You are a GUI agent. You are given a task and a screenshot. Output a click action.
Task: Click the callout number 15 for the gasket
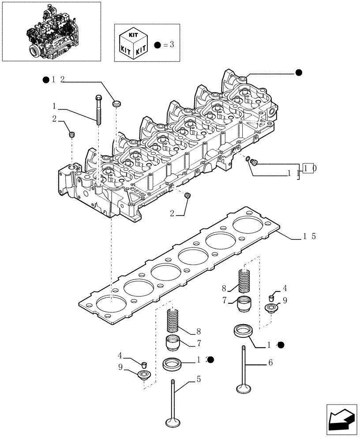pyautogui.click(x=308, y=236)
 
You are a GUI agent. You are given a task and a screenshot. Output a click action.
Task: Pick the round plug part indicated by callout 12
pyautogui.click(x=117, y=104)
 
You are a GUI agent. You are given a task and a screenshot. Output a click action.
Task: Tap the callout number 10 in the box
pyautogui.click(x=308, y=168)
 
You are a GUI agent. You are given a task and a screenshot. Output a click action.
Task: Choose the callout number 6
pyautogui.click(x=270, y=363)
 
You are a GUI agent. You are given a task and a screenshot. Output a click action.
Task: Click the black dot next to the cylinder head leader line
pyautogui.click(x=299, y=73)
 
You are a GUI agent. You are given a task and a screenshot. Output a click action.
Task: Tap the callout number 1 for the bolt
pyautogui.click(x=54, y=106)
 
